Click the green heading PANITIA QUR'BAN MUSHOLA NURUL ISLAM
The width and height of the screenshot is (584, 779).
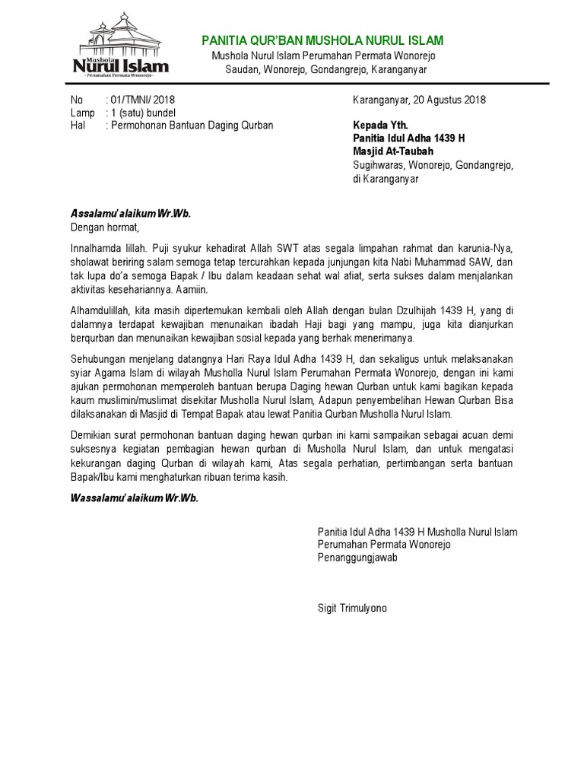pyautogui.click(x=322, y=40)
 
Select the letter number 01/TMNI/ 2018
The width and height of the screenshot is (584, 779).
pyautogui.click(x=142, y=100)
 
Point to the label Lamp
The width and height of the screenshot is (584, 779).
pyautogui.click(x=82, y=113)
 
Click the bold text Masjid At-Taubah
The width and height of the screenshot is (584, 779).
pyautogui.click(x=393, y=151)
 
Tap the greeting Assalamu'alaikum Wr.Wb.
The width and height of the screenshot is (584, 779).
pyautogui.click(x=130, y=213)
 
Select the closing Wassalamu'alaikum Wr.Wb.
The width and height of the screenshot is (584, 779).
pyautogui.click(x=134, y=498)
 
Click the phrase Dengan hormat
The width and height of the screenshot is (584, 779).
pyautogui.click(x=106, y=226)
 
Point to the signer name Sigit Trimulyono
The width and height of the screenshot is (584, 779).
pyautogui.click(x=352, y=609)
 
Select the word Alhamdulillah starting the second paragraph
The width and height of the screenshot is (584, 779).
pyautogui.click(x=99, y=310)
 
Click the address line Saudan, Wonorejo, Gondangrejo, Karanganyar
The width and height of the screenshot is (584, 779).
pyautogui.click(x=326, y=69)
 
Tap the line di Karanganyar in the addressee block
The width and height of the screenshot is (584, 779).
pyautogui.click(x=386, y=179)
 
